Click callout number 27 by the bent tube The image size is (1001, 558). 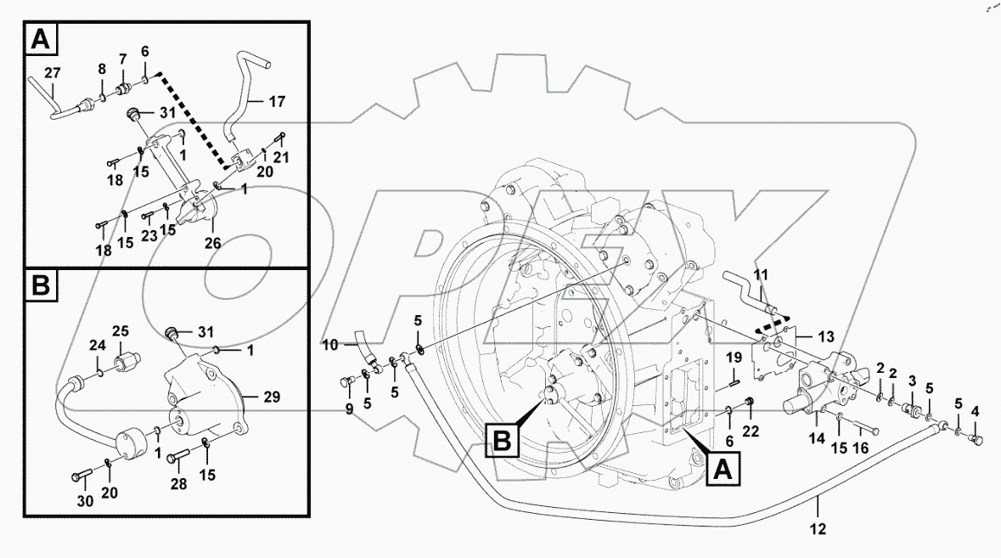[x=53, y=72]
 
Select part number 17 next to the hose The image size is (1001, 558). [x=277, y=102]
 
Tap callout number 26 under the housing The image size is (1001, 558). [x=212, y=243]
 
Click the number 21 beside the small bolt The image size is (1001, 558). [x=281, y=157]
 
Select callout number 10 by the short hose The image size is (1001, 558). [x=330, y=344]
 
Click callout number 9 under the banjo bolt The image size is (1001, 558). [x=349, y=408]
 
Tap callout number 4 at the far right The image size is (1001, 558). [x=975, y=412]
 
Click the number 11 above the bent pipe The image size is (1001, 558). [x=761, y=274]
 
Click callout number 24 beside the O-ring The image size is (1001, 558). [x=98, y=346]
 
